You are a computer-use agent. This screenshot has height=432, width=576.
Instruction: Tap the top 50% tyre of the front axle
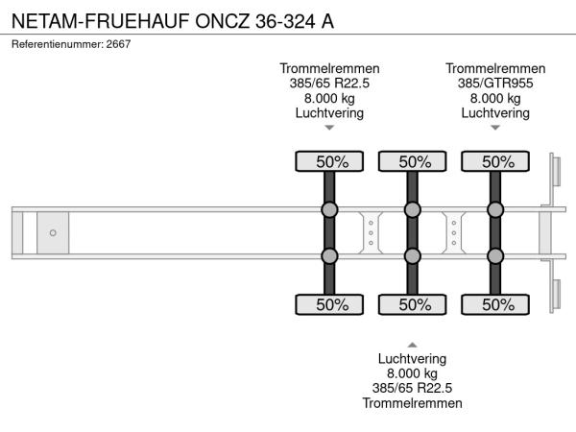pos(329,161)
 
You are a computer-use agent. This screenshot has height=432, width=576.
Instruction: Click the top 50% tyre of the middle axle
pos(413,161)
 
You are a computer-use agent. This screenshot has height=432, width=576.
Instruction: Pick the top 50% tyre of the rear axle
pos(496,161)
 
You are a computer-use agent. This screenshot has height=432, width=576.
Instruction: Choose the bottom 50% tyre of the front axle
pos(329,305)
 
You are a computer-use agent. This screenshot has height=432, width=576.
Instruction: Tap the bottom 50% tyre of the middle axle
pos(413,305)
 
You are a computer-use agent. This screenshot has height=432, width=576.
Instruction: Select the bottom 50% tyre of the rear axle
pos(496,305)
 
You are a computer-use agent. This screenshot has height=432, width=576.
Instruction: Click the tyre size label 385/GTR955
pos(495,83)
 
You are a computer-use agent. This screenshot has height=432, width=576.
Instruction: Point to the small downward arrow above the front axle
pos(329,127)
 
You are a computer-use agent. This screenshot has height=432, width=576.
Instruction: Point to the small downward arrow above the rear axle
pos(495,127)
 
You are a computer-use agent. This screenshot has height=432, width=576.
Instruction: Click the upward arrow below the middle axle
pos(413,344)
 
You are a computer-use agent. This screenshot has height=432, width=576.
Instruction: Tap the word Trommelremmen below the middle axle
pos(413,403)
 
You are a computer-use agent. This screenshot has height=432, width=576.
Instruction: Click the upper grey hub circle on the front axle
pos(329,210)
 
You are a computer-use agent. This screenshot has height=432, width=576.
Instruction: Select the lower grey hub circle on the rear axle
pos(496,255)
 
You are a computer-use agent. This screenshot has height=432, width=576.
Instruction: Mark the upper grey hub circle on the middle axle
pos(413,210)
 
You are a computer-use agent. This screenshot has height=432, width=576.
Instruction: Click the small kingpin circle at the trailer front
pos(53,233)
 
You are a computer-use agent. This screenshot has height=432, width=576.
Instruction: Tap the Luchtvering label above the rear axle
pos(495,112)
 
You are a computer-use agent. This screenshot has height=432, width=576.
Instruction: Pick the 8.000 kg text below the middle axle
pos(413,373)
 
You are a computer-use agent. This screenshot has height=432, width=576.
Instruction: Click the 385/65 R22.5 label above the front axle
pos(329,83)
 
